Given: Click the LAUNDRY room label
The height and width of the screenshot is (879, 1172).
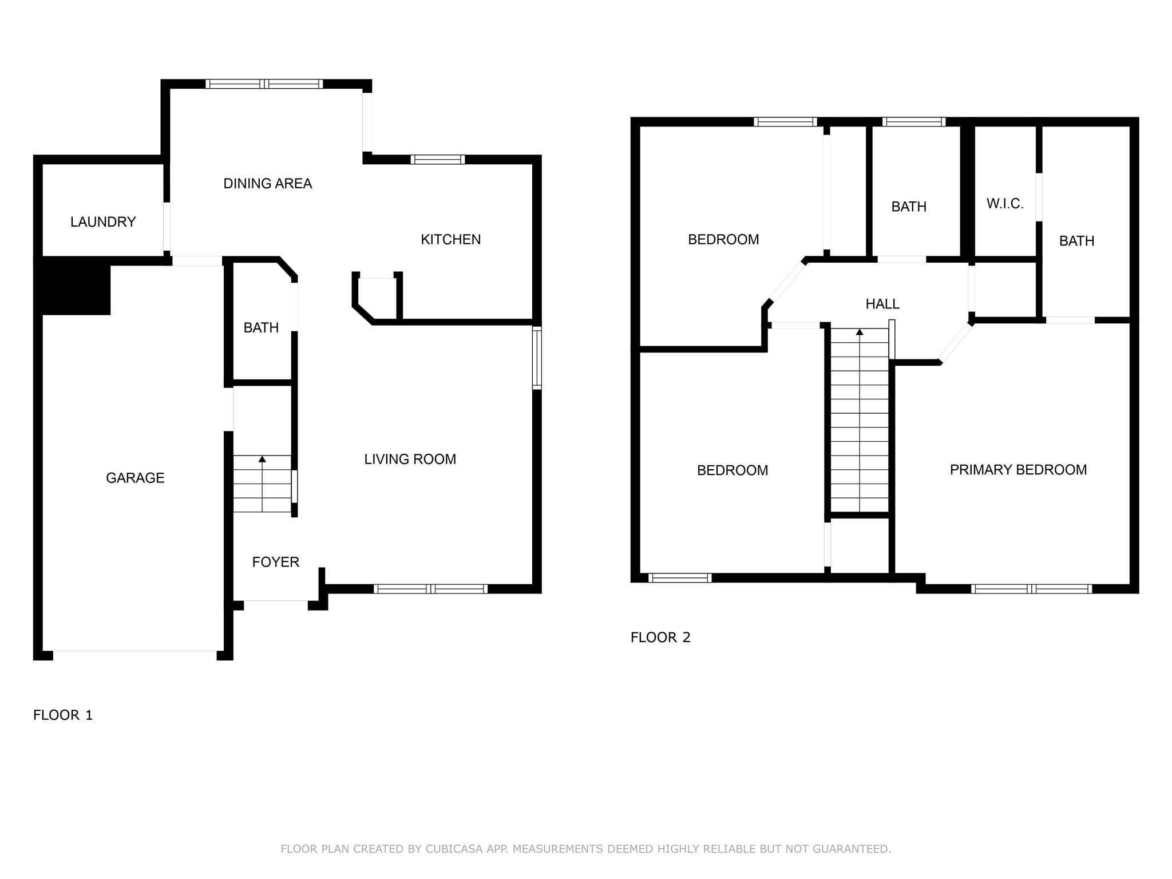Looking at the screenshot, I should (x=103, y=222).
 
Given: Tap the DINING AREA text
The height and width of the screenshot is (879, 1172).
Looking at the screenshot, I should (x=267, y=184).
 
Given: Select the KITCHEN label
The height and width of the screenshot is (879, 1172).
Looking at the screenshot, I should (x=450, y=240).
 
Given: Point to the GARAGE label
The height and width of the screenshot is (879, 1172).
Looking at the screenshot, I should (x=135, y=478).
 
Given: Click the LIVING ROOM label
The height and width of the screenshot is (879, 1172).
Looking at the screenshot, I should (x=410, y=459).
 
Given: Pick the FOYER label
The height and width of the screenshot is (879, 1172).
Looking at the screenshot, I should (x=275, y=562).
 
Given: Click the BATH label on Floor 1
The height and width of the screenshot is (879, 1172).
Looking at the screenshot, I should (x=261, y=328).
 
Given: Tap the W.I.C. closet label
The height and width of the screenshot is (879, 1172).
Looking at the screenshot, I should (x=1004, y=204).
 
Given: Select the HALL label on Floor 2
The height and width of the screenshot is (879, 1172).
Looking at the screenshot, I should (x=882, y=304).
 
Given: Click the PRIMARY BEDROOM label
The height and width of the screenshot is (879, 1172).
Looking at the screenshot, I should (x=1018, y=470).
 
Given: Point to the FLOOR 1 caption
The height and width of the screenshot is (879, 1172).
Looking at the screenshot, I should (x=63, y=715).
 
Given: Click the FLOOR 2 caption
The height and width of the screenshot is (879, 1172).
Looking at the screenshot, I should (x=660, y=637).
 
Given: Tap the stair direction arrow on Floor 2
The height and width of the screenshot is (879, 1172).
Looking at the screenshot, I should (x=859, y=332).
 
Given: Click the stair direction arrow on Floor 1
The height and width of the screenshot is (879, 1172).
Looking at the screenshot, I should (x=262, y=459).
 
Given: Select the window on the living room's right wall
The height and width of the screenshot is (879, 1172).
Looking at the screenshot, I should (x=537, y=358).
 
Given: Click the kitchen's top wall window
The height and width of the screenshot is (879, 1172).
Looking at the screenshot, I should (x=438, y=159).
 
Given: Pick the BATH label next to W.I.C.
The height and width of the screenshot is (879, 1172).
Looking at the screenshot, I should (x=1076, y=241).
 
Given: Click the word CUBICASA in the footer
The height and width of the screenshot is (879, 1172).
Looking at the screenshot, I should (x=454, y=849).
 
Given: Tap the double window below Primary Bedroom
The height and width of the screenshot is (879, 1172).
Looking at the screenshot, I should (x=1031, y=588).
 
